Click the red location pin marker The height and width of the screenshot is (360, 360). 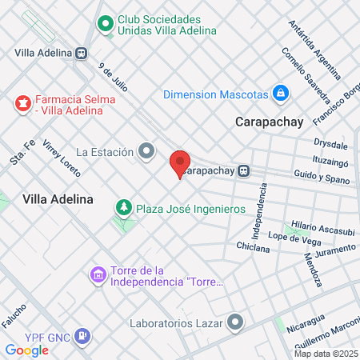[x=180, y=162]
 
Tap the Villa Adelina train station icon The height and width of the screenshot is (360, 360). [x=82, y=53]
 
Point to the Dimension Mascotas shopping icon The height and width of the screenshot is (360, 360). [x=280, y=94]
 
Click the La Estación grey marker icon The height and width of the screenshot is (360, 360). [x=146, y=150]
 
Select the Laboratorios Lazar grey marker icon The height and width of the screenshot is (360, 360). [x=235, y=323]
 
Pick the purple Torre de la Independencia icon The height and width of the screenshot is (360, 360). [x=98, y=275]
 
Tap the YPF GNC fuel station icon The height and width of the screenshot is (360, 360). [x=81, y=336]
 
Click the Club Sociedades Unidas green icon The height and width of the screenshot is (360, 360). [x=105, y=24]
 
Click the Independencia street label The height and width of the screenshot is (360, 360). [x=259, y=211]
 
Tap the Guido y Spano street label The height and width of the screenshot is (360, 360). [x=323, y=182]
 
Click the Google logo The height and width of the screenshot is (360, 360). [x=26, y=350]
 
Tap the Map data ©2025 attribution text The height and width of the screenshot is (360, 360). [x=326, y=354]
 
